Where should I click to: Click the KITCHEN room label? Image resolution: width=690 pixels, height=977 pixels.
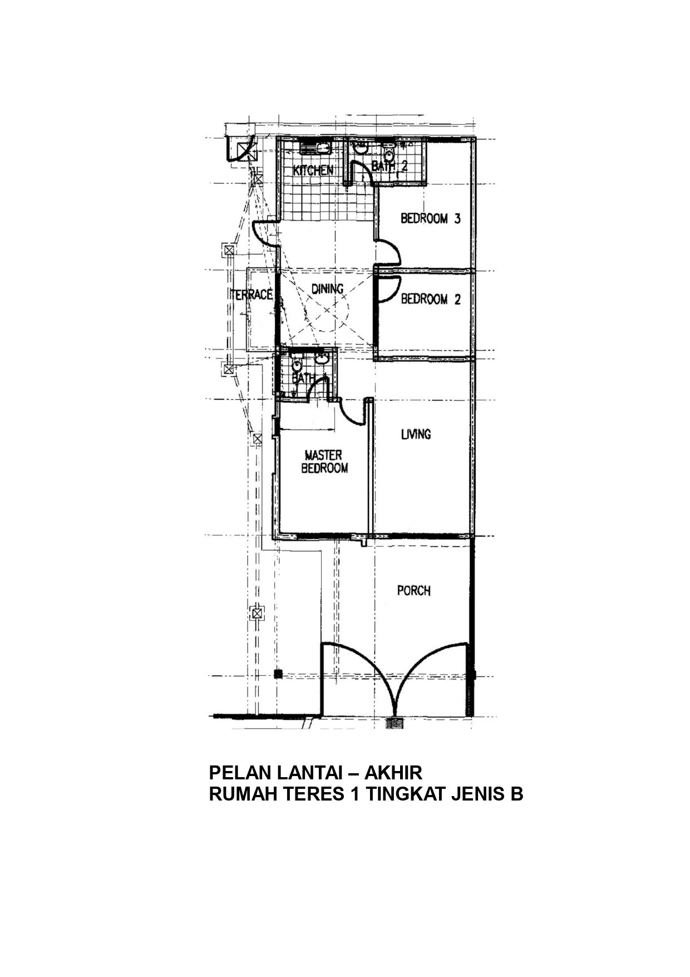313,170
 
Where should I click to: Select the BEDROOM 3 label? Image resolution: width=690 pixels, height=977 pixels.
431,219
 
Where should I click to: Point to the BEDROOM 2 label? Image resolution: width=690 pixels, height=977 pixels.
431,300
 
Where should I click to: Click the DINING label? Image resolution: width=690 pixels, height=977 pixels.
327,289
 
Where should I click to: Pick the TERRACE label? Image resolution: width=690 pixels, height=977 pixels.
252,295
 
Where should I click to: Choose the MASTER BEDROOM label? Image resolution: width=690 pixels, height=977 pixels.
324,462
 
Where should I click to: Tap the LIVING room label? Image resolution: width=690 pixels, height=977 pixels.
416,434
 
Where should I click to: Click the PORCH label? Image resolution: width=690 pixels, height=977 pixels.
414,590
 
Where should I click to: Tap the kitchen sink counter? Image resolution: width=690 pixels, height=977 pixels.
314,148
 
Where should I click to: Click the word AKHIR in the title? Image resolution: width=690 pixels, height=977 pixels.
393,773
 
